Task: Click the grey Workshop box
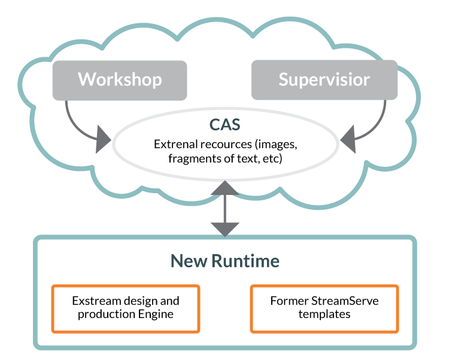coord(120,80)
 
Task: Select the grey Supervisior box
coord(324,80)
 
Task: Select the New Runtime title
coord(224,261)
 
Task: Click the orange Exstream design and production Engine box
coord(125,307)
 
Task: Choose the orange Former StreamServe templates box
coord(324,307)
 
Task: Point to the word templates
coord(324,314)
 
